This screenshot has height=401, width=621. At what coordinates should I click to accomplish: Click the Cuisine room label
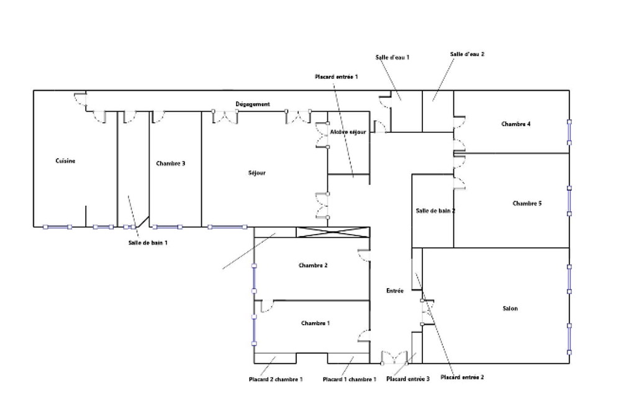(x=65, y=161)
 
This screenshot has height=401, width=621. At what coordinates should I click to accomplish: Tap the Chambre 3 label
(x=171, y=164)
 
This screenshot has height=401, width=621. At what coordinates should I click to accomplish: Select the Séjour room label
(x=256, y=173)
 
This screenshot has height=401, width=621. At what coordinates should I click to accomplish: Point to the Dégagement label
(x=252, y=104)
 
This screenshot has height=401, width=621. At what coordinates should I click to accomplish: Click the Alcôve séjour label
(x=348, y=132)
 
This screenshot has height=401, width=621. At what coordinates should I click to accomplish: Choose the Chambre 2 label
(x=313, y=266)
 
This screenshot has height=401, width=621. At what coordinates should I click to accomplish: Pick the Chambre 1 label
(x=315, y=323)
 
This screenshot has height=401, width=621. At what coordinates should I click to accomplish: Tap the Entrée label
(x=395, y=291)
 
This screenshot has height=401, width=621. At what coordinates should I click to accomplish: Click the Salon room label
(x=510, y=309)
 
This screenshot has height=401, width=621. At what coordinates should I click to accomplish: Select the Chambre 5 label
(x=527, y=204)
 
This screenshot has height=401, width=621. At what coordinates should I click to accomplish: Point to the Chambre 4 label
(x=515, y=124)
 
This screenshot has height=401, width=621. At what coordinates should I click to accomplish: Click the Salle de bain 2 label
(x=435, y=211)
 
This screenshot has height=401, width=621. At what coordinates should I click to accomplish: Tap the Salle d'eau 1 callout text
(x=392, y=57)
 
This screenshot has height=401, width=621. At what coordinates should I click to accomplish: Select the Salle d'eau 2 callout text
(x=467, y=55)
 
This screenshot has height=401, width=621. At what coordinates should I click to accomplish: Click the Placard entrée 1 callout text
(x=337, y=76)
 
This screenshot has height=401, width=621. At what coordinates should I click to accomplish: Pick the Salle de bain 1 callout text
(x=147, y=243)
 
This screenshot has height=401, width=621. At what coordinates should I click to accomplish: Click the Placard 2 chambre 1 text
(x=275, y=379)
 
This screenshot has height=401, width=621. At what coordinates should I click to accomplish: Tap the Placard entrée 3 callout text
(x=407, y=379)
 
